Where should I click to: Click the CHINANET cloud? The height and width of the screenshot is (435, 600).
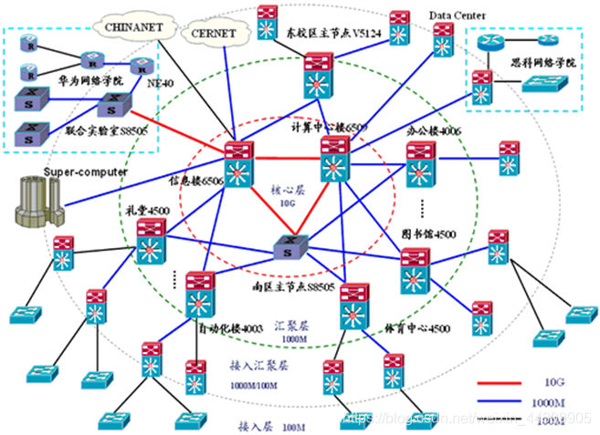[133, 27]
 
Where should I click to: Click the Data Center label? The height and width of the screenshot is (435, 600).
[458, 16]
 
